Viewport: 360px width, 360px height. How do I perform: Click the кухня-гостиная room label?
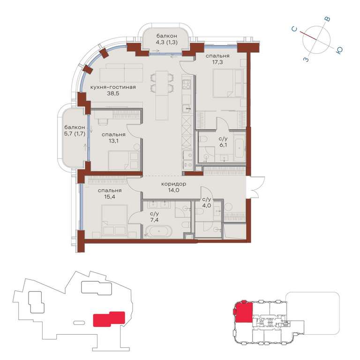point(113,87)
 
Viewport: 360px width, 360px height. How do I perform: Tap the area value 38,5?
point(113,93)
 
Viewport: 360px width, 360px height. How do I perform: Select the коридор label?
point(174,184)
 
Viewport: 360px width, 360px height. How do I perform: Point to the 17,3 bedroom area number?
point(217,62)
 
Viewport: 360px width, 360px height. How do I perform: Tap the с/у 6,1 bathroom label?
point(223,142)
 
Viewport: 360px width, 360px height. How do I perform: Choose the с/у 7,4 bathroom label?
point(154,217)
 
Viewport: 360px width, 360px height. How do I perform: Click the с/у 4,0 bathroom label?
point(206,202)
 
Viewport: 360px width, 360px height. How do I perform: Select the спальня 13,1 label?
point(113,137)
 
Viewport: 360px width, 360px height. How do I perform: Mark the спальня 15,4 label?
point(110,194)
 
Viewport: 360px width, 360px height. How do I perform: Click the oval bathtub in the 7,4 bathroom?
point(158,232)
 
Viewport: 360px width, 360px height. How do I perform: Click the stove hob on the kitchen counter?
point(187,84)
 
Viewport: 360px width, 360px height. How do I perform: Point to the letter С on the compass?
point(294,29)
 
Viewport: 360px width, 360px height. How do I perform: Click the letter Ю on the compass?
point(339,51)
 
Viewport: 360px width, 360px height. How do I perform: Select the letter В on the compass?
point(328,19)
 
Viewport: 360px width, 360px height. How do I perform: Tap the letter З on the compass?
point(306,60)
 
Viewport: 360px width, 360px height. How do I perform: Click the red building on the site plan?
point(109,319)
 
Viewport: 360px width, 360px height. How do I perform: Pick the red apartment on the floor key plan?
point(244,312)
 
